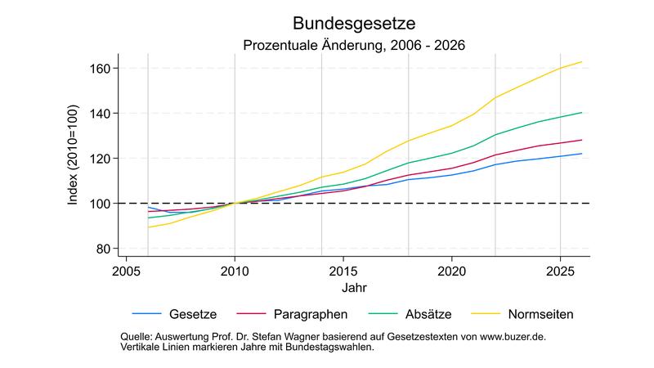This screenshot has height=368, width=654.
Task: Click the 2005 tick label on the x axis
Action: click(x=127, y=270)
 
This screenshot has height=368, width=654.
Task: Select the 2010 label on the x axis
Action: click(x=235, y=270)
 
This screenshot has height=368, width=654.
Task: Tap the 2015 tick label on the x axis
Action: click(x=343, y=270)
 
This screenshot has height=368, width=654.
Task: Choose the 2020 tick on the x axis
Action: click(x=451, y=270)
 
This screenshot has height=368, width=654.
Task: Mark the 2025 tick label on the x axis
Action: click(x=560, y=270)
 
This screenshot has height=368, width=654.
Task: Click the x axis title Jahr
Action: click(x=354, y=288)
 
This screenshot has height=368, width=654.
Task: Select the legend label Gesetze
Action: click(x=192, y=314)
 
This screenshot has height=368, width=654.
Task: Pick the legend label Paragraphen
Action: click(x=311, y=314)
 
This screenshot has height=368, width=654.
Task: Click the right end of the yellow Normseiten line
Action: click(x=581, y=62)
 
